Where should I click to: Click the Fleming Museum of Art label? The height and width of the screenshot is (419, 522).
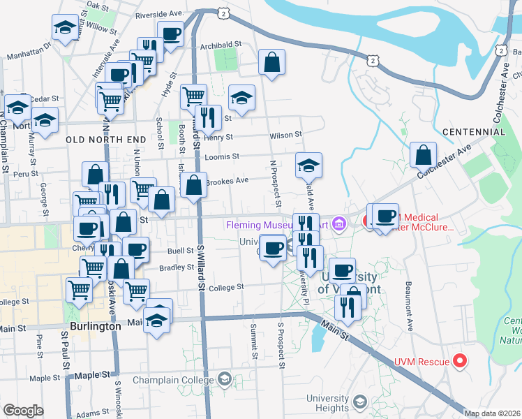coord(278,225)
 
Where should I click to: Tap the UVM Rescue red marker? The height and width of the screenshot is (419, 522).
coord(459,361)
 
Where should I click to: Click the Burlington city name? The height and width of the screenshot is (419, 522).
coord(96,326)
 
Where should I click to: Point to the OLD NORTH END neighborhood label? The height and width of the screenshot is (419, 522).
coord(98,140)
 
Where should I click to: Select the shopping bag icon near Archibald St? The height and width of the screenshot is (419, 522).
coord(271,62)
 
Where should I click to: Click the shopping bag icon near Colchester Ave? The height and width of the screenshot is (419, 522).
coord(423,155)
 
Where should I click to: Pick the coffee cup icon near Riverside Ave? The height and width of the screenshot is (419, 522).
coord(170,33)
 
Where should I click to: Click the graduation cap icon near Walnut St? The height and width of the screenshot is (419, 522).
coord(65,28)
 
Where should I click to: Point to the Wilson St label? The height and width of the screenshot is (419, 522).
coord(285,135)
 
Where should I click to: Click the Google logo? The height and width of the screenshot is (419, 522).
coord(23,410)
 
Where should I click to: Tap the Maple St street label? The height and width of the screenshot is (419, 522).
coord(45,378)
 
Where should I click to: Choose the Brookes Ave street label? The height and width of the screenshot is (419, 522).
coord(227,180)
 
